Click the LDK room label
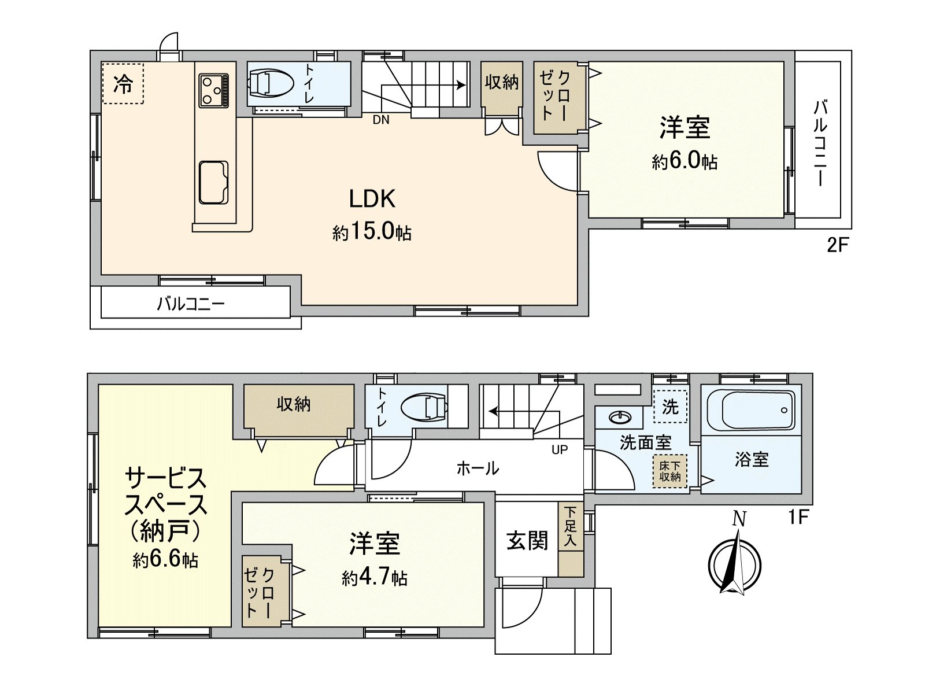[372, 199]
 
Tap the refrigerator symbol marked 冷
[123, 83]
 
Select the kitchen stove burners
[214, 90]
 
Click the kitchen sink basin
[213, 182]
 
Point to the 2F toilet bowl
[269, 82]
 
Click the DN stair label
[381, 120]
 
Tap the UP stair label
[560, 449]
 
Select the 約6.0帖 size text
[684, 161]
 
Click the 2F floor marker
[837, 245]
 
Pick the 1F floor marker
[798, 516]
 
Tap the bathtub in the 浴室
[750, 409]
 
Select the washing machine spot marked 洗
[670, 407]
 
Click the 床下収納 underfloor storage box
[670, 471]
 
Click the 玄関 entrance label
[527, 541]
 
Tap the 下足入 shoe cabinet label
[571, 526]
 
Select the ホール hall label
[478, 467]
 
